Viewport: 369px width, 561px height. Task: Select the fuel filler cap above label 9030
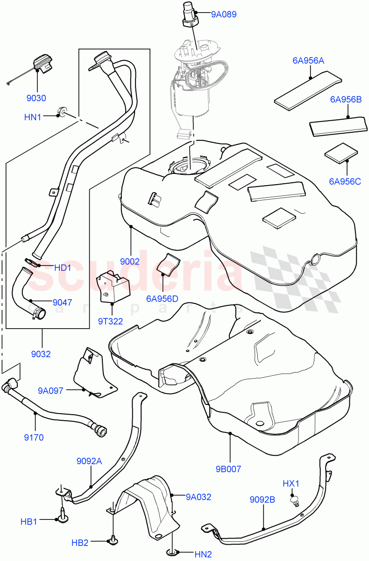[x=42, y=65]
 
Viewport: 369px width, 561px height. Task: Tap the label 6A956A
[x=308, y=61]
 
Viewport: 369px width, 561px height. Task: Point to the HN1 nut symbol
[x=61, y=111]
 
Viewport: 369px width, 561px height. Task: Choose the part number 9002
[x=130, y=261]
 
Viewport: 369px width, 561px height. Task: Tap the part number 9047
[x=59, y=302]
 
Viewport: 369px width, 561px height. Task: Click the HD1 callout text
[x=63, y=268]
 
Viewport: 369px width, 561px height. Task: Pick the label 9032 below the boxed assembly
[x=42, y=354]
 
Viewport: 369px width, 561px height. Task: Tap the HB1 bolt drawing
[x=62, y=514]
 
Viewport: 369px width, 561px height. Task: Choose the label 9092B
[x=262, y=500]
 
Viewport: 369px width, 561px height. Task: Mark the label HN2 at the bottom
[x=203, y=554]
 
